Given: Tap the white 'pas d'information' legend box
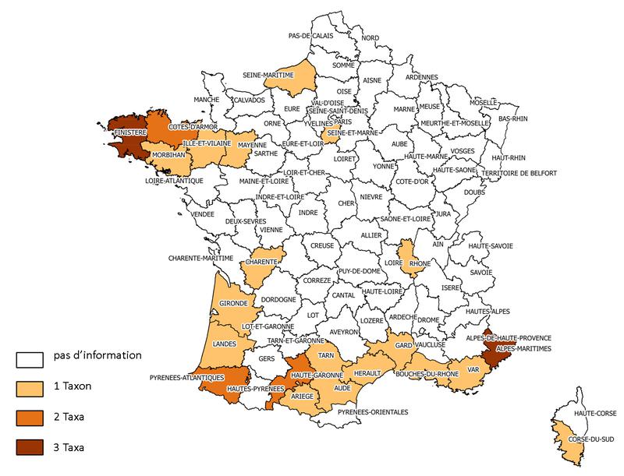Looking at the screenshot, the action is (30, 358).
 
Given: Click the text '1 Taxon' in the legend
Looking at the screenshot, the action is (74, 387).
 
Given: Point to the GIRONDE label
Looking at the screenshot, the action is (232, 302).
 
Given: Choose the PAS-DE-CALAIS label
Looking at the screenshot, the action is (311, 36).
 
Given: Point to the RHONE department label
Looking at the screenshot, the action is (420, 263).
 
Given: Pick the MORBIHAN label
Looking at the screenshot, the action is (168, 155).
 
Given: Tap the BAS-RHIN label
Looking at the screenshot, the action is (513, 118).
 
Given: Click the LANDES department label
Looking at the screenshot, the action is (224, 343).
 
